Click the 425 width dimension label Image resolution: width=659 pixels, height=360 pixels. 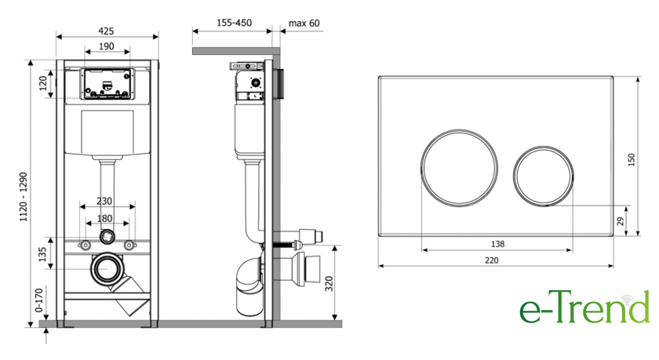tap(107, 31)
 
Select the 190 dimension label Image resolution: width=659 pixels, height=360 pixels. tap(107, 46)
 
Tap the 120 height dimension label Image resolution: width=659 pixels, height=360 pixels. tap(43, 84)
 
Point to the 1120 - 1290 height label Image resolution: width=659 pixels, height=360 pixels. tap(24, 197)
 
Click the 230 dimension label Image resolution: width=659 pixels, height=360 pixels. tap(104, 201)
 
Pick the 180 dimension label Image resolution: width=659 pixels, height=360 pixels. tap(104, 219)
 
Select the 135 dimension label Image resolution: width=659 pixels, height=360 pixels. tap(42, 255)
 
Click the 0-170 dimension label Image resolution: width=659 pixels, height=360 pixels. tap(39, 300)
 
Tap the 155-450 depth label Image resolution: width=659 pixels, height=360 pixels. tap(234, 23)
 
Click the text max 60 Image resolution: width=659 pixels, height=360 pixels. tap(304, 23)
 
